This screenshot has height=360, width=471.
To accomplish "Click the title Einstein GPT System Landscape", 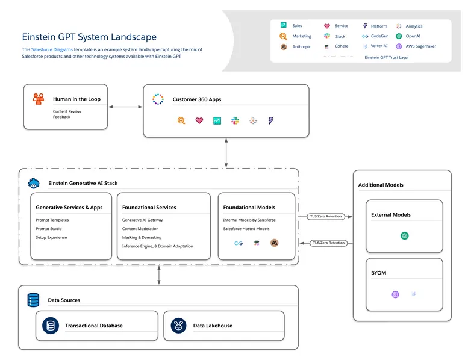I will click(x=89, y=37).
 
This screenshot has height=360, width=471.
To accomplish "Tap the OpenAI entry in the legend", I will click(x=413, y=36).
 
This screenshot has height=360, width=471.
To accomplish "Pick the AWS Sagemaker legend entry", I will click(x=420, y=46).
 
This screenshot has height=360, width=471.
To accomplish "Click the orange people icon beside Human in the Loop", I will click(x=39, y=99).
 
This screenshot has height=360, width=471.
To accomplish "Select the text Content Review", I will click(x=67, y=111).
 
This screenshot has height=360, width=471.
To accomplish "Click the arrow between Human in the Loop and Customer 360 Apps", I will click(x=125, y=107).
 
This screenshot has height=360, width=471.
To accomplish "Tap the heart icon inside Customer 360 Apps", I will click(x=199, y=120).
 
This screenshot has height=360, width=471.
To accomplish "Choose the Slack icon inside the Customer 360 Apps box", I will click(x=235, y=120).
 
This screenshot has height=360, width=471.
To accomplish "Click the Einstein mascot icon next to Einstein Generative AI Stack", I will click(x=34, y=183).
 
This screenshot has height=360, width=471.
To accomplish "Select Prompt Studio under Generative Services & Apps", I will click(x=49, y=229).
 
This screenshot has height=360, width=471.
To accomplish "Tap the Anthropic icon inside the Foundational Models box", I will click(x=275, y=243).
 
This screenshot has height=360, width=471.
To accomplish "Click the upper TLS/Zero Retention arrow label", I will click(x=326, y=216).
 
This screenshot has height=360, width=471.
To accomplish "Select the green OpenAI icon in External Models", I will click(x=404, y=235).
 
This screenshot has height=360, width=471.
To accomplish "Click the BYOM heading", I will click(x=379, y=273).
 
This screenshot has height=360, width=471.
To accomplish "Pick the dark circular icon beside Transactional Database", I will click(x=51, y=326).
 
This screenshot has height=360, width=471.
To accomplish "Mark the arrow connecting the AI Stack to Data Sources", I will click(x=159, y=275).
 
